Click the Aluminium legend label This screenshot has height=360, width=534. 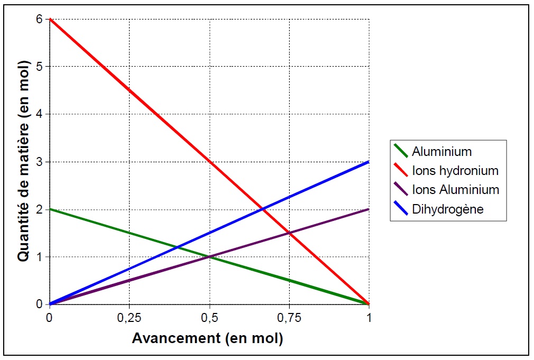pyautogui.click(x=441, y=152)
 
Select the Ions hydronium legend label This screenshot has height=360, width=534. pyautogui.click(x=455, y=171)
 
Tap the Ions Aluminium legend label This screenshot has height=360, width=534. pyautogui.click(x=455, y=190)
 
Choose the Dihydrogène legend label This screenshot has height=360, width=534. pyautogui.click(x=448, y=209)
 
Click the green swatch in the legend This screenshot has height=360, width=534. pyautogui.click(x=400, y=151)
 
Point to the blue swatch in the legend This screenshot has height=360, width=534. pyautogui.click(x=400, y=208)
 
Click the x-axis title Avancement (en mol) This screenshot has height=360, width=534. pyautogui.click(x=207, y=338)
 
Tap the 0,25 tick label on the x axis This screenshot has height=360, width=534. pyautogui.click(x=129, y=318)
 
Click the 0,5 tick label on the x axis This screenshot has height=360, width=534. pyautogui.click(x=209, y=318)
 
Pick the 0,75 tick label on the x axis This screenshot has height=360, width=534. pyautogui.click(x=289, y=318)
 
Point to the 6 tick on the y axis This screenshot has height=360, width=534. pyautogui.click(x=39, y=19)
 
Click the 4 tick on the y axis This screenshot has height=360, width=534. pyautogui.click(x=39, y=114)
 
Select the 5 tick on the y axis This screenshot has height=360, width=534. pyautogui.click(x=39, y=67)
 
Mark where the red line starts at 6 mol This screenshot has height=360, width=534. pyautogui.click(x=50, y=19)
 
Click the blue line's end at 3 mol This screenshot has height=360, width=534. pyautogui.click(x=369, y=162)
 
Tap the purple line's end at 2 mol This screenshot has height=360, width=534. pyautogui.click(x=369, y=209)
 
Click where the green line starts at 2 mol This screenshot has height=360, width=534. pyautogui.click(x=50, y=209)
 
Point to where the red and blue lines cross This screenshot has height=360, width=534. pyautogui.click(x=263, y=209)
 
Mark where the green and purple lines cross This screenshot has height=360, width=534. pyautogui.click(x=209, y=257)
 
